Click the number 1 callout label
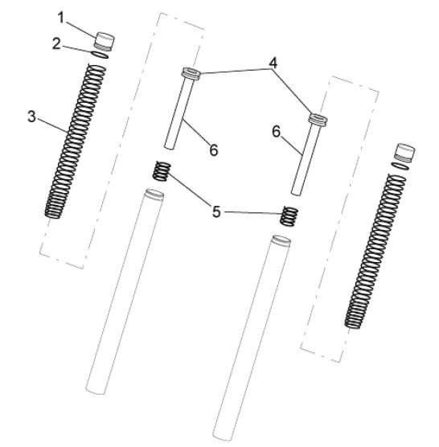point(61,18)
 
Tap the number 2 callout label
point(56,44)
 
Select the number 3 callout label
point(32,117)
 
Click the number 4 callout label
point(273,63)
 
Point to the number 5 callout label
point(216,212)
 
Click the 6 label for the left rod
point(214,150)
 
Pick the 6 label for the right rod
point(277,132)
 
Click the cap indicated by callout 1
point(105,42)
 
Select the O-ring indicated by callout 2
point(100,55)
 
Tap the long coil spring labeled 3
point(76,141)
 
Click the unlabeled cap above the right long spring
point(404,153)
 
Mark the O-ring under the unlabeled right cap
point(400,166)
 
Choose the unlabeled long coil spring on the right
point(375,251)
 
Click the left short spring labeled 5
point(162,171)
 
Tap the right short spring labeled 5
point(289,216)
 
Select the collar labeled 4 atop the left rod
point(191,72)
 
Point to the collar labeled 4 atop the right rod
point(318,119)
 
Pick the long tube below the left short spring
point(125,291)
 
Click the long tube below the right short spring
point(252,338)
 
